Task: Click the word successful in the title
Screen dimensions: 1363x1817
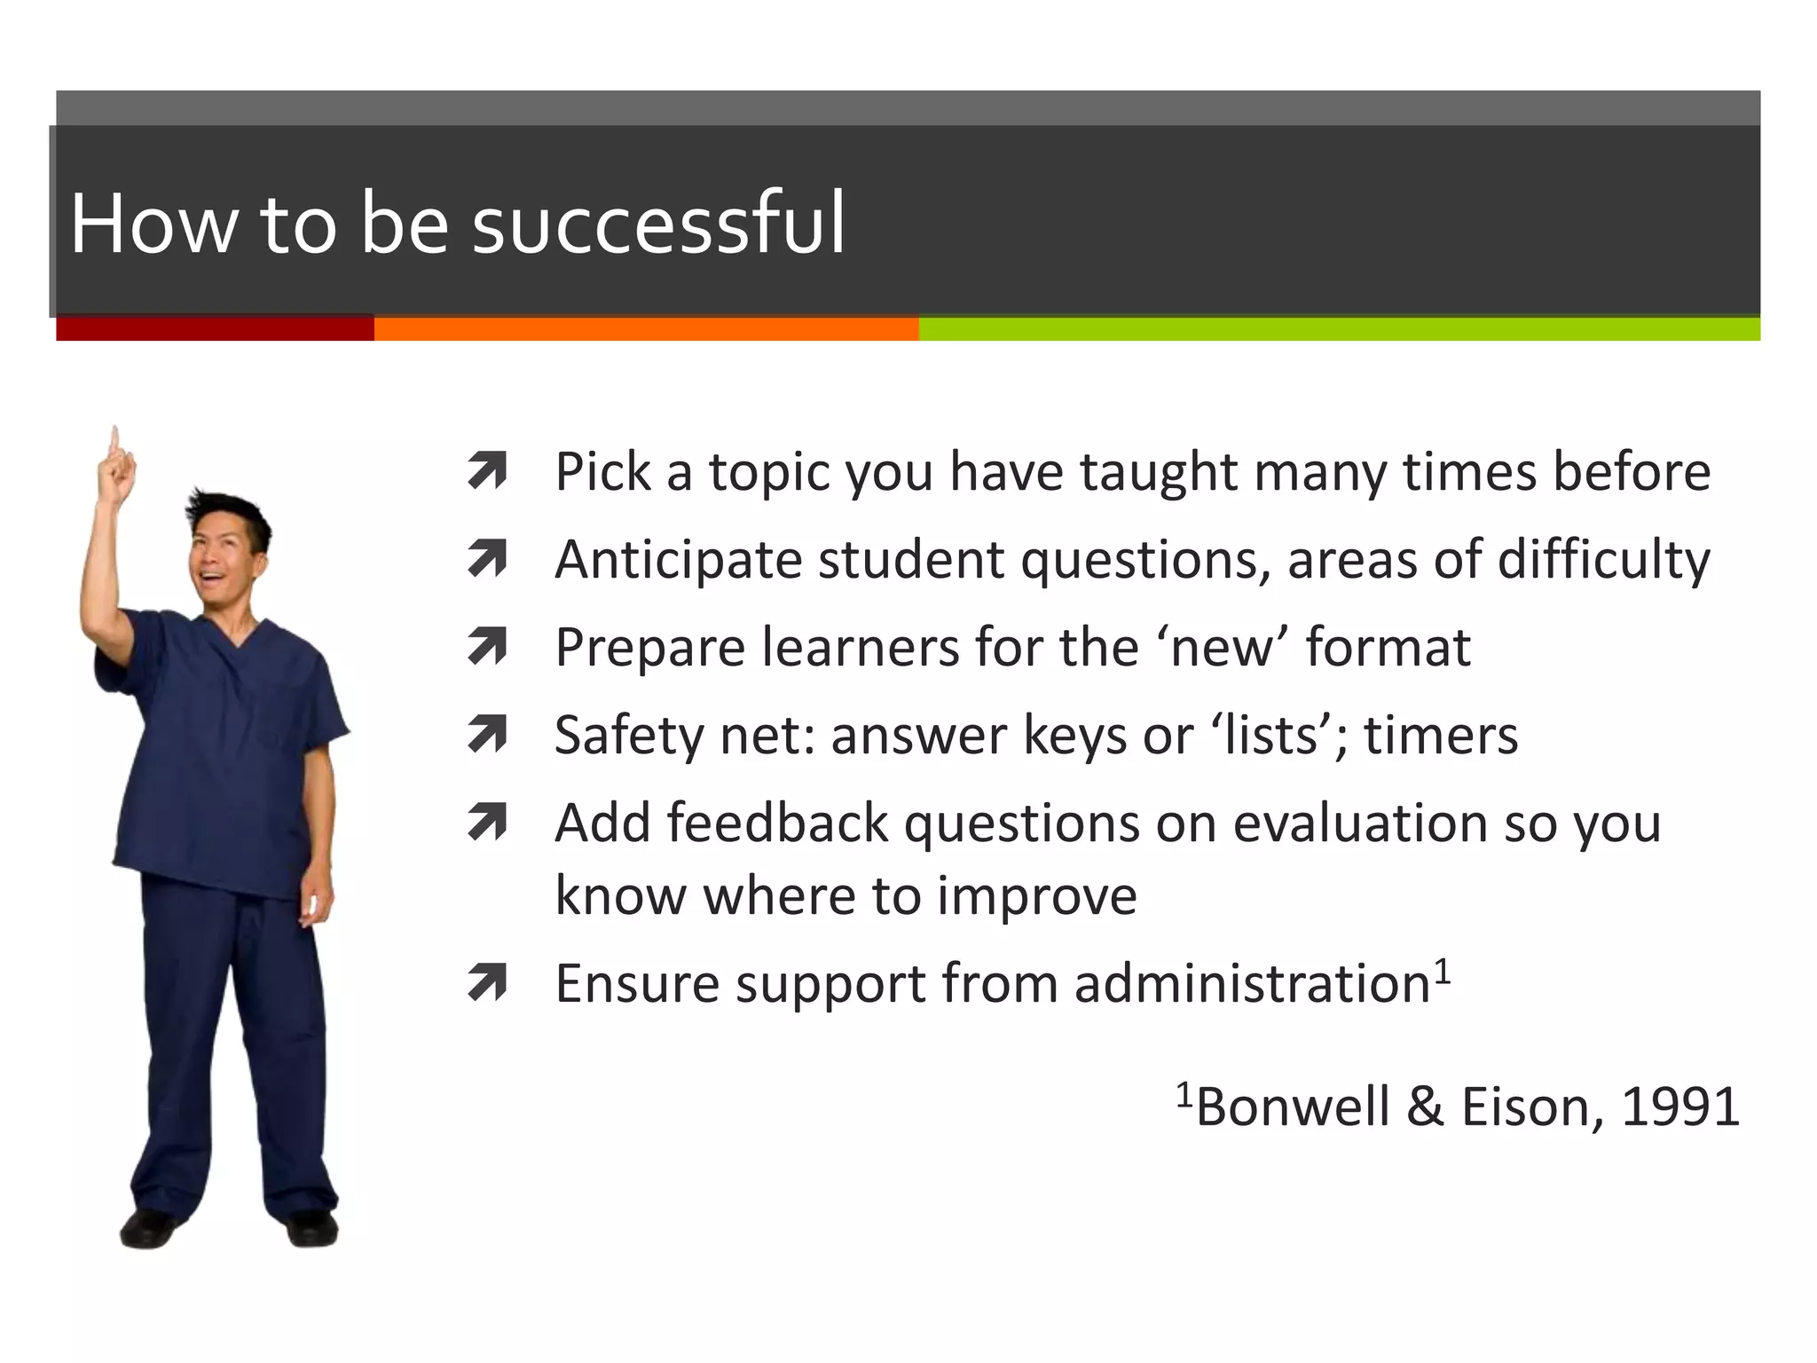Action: (x=658, y=224)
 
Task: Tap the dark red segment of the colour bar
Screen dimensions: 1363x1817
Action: (x=215, y=328)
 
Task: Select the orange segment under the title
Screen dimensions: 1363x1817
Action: (x=646, y=328)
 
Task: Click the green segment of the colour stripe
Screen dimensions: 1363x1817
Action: (x=1338, y=328)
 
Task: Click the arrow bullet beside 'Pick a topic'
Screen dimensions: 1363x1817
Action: (x=487, y=471)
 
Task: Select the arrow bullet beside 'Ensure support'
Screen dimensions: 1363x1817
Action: (x=487, y=983)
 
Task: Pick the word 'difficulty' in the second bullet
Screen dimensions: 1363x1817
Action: (x=1603, y=560)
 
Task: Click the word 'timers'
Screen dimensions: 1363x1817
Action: (x=1441, y=735)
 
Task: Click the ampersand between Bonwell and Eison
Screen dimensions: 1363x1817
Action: (x=1425, y=1107)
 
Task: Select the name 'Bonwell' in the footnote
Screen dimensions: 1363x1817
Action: (x=1292, y=1107)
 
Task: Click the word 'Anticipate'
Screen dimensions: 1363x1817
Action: (x=679, y=560)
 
